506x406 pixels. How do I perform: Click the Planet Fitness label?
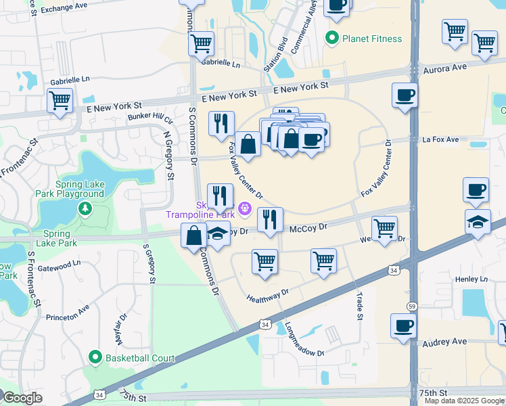pyautogui.click(x=372, y=39)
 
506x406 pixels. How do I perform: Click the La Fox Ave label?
pyautogui.click(x=440, y=140)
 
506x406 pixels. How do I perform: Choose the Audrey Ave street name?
pyautogui.click(x=444, y=342)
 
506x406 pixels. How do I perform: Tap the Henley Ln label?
pyautogui.click(x=471, y=279)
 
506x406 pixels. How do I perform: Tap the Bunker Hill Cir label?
pyautogui.click(x=150, y=118)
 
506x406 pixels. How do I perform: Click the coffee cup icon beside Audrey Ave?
pyautogui.click(x=404, y=326)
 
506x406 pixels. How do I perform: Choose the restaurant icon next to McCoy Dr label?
pyautogui.click(x=270, y=219)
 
